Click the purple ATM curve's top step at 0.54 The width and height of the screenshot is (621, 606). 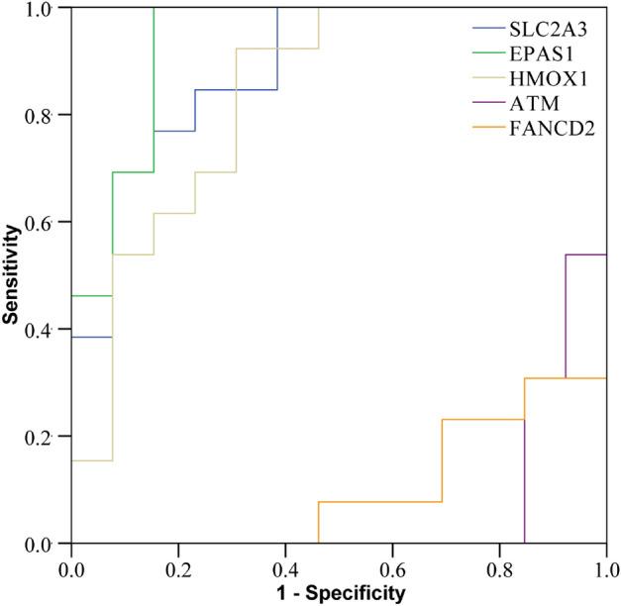tap(585, 254)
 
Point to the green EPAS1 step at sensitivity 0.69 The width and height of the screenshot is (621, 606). tap(134, 172)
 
